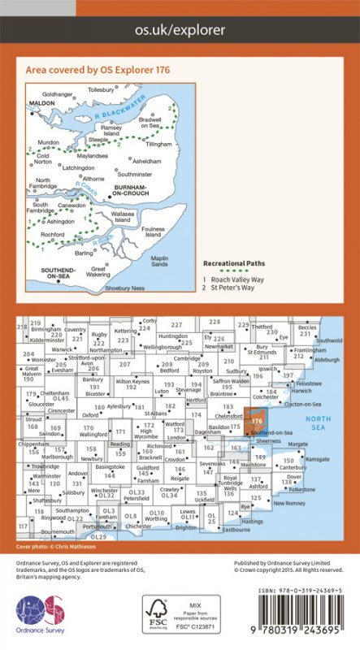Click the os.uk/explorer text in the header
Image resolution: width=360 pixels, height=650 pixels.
pyautogui.click(x=180, y=30)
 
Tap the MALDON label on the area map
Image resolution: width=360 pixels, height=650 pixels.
pyautogui.click(x=41, y=104)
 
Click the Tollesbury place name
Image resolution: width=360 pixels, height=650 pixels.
pyautogui.click(x=101, y=89)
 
